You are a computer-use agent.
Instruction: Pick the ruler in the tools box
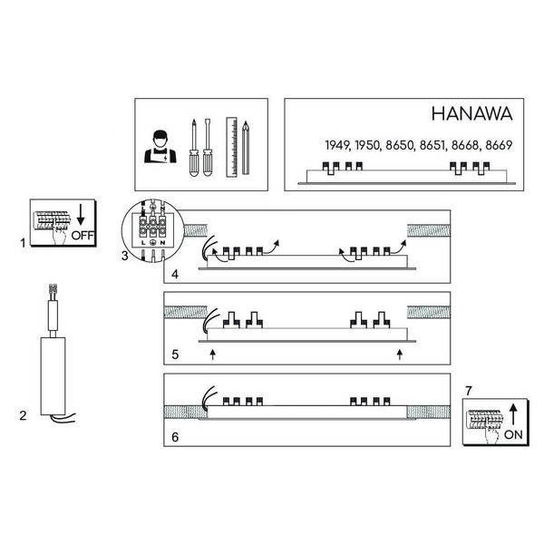pyautogui.click(x=230, y=146)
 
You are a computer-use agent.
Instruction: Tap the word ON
pyautogui.click(x=513, y=434)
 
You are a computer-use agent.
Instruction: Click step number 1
pyautogui.click(x=22, y=243)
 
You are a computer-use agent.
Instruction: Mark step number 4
pyautogui.click(x=175, y=273)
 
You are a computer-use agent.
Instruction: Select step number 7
pyautogui.click(x=468, y=390)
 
